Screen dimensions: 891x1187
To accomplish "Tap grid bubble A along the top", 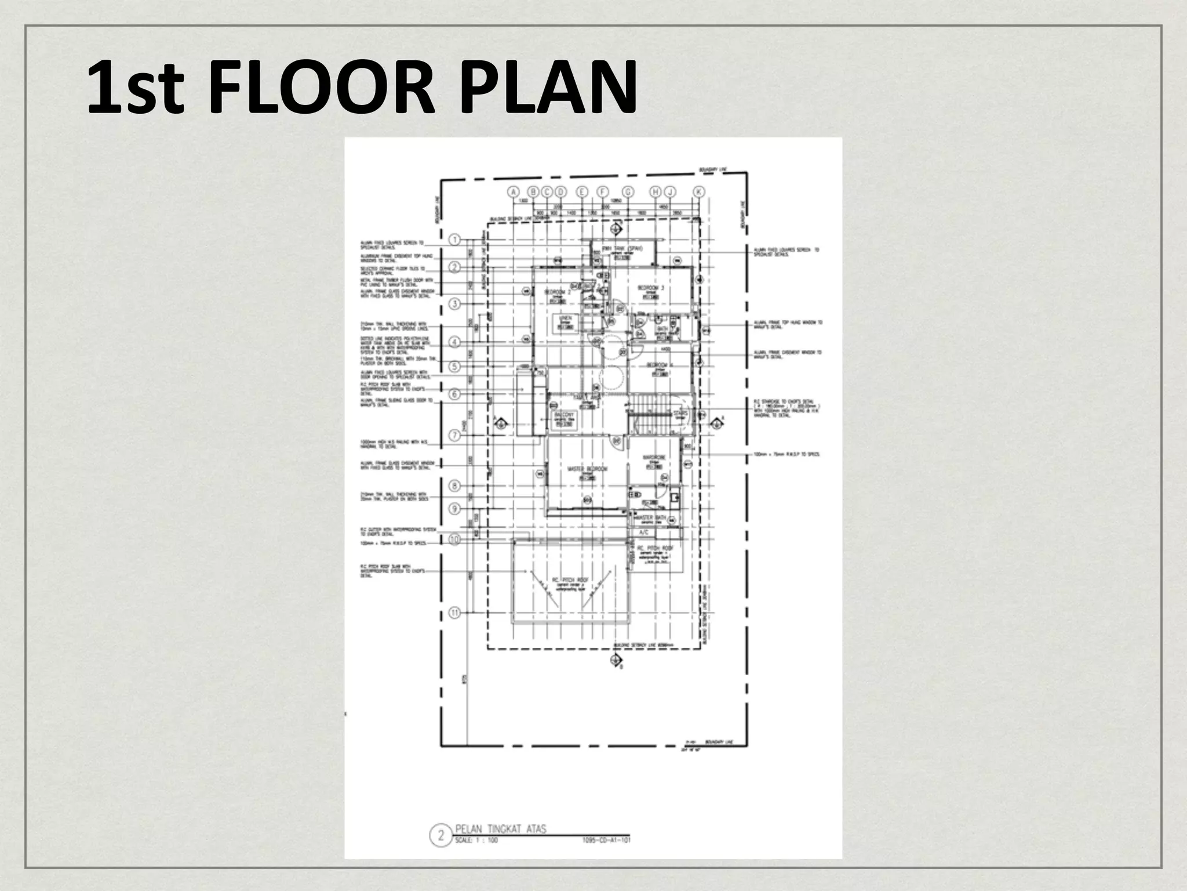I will tap(512, 191).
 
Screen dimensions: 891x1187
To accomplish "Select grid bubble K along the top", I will tap(699, 191).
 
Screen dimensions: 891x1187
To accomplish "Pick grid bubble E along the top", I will tap(582, 191).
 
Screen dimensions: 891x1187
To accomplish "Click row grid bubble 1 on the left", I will tap(455, 240).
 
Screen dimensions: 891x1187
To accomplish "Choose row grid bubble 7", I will tap(455, 435).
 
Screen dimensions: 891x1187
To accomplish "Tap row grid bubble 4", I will tap(455, 342).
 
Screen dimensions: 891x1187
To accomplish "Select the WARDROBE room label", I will tap(653, 458).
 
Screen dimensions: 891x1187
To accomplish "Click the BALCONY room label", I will tap(564, 416).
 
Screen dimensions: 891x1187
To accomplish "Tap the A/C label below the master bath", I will tap(643, 533).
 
